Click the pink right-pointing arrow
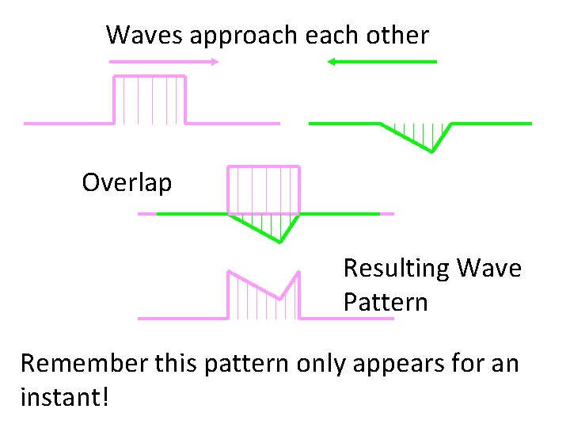[x=163, y=61]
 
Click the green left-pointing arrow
[x=382, y=61]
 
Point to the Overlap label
[x=127, y=183]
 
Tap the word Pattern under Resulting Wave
[x=386, y=302]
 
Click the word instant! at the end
[x=65, y=396]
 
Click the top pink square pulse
[x=150, y=99]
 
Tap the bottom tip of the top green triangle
[x=431, y=151]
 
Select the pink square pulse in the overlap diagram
[x=264, y=189]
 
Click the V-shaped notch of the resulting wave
[x=280, y=299]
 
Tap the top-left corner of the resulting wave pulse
[x=229, y=273]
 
